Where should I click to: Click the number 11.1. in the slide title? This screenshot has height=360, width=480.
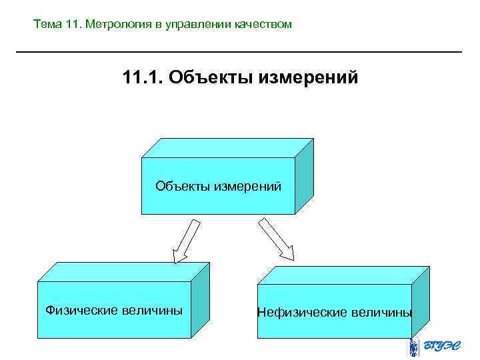143,78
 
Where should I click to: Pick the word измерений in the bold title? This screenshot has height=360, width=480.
309,78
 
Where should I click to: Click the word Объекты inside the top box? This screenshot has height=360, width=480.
182,185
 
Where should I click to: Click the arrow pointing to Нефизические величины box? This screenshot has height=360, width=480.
276,239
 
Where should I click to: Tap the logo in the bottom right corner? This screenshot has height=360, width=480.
433,347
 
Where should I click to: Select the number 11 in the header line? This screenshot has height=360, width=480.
73,25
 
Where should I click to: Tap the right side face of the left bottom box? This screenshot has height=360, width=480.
201,297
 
